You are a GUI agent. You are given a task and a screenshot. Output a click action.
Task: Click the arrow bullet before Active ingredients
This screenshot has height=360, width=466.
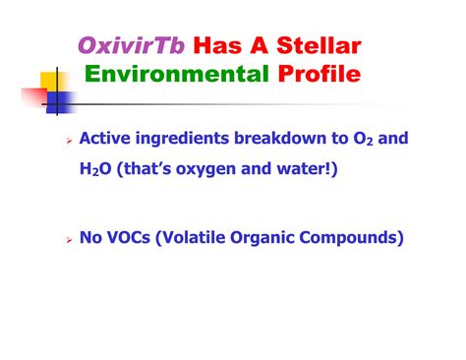point(68,143)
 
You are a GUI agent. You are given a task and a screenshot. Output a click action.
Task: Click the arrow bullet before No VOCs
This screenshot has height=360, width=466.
point(68,237)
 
